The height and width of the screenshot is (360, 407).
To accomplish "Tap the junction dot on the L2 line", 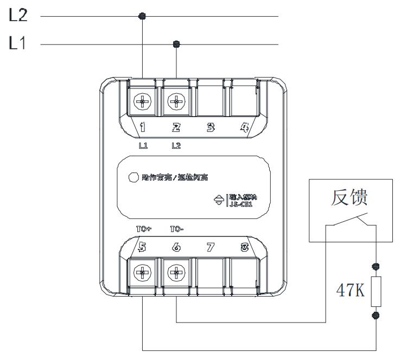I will click(x=143, y=17).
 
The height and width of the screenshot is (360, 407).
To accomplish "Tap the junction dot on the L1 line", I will click(x=175, y=44).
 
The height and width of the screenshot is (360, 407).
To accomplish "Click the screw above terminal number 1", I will click(x=143, y=101).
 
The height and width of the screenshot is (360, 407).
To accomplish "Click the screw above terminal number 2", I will click(x=176, y=101).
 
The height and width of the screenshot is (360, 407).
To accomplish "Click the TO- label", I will click(x=177, y=228).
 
